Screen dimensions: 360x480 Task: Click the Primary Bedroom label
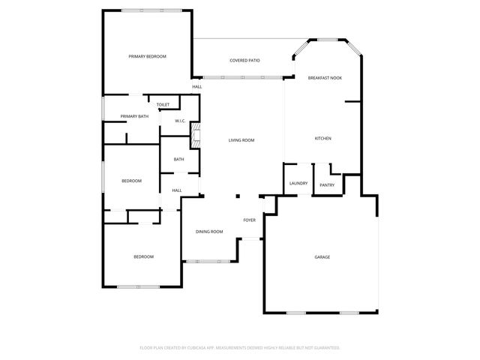coord(147,57)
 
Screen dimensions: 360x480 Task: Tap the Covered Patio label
coord(245,60)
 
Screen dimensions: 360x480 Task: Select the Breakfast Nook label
coord(325,78)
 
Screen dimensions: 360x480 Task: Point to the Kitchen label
coord(322,139)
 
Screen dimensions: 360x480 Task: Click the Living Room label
coord(241,140)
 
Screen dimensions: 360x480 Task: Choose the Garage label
coord(322,257)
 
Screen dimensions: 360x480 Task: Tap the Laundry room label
coord(298,184)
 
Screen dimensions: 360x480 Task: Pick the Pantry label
coord(327,185)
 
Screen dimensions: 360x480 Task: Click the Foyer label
coord(250,220)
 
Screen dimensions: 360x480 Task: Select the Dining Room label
coord(210,232)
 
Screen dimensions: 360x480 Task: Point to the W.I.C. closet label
coord(181,121)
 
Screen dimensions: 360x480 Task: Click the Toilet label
coord(163,104)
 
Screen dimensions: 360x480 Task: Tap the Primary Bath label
coord(134,116)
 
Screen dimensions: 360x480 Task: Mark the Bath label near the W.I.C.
coord(179,159)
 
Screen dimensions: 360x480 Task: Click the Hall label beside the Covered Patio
coord(196,87)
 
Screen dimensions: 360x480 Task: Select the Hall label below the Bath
coord(177,190)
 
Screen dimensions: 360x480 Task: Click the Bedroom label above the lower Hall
coord(132,181)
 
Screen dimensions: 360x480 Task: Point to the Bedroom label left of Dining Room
coord(143,257)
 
